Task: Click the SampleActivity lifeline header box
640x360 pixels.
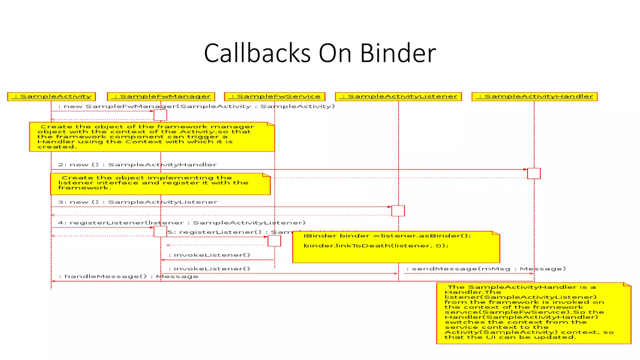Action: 52,97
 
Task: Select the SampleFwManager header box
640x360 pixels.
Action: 161,97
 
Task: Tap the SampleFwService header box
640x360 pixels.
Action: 275,97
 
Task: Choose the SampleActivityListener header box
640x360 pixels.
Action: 398,97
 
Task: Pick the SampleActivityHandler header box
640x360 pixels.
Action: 534,97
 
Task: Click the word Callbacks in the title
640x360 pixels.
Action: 257,53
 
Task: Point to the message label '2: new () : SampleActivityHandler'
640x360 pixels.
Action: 137,165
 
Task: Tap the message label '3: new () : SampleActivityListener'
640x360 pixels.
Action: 137,202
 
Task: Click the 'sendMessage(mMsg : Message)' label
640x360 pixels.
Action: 486,269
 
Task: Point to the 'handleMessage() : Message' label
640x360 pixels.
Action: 128,277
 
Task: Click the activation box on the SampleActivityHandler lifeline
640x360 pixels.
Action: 534,173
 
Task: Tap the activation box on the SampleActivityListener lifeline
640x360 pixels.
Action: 398,211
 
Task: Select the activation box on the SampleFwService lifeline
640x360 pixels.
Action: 274,241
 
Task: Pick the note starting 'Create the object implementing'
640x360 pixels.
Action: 160,184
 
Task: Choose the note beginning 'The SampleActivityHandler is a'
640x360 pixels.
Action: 533,313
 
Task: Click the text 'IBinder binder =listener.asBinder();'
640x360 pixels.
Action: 387,236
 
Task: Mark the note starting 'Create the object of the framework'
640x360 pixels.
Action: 152,137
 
